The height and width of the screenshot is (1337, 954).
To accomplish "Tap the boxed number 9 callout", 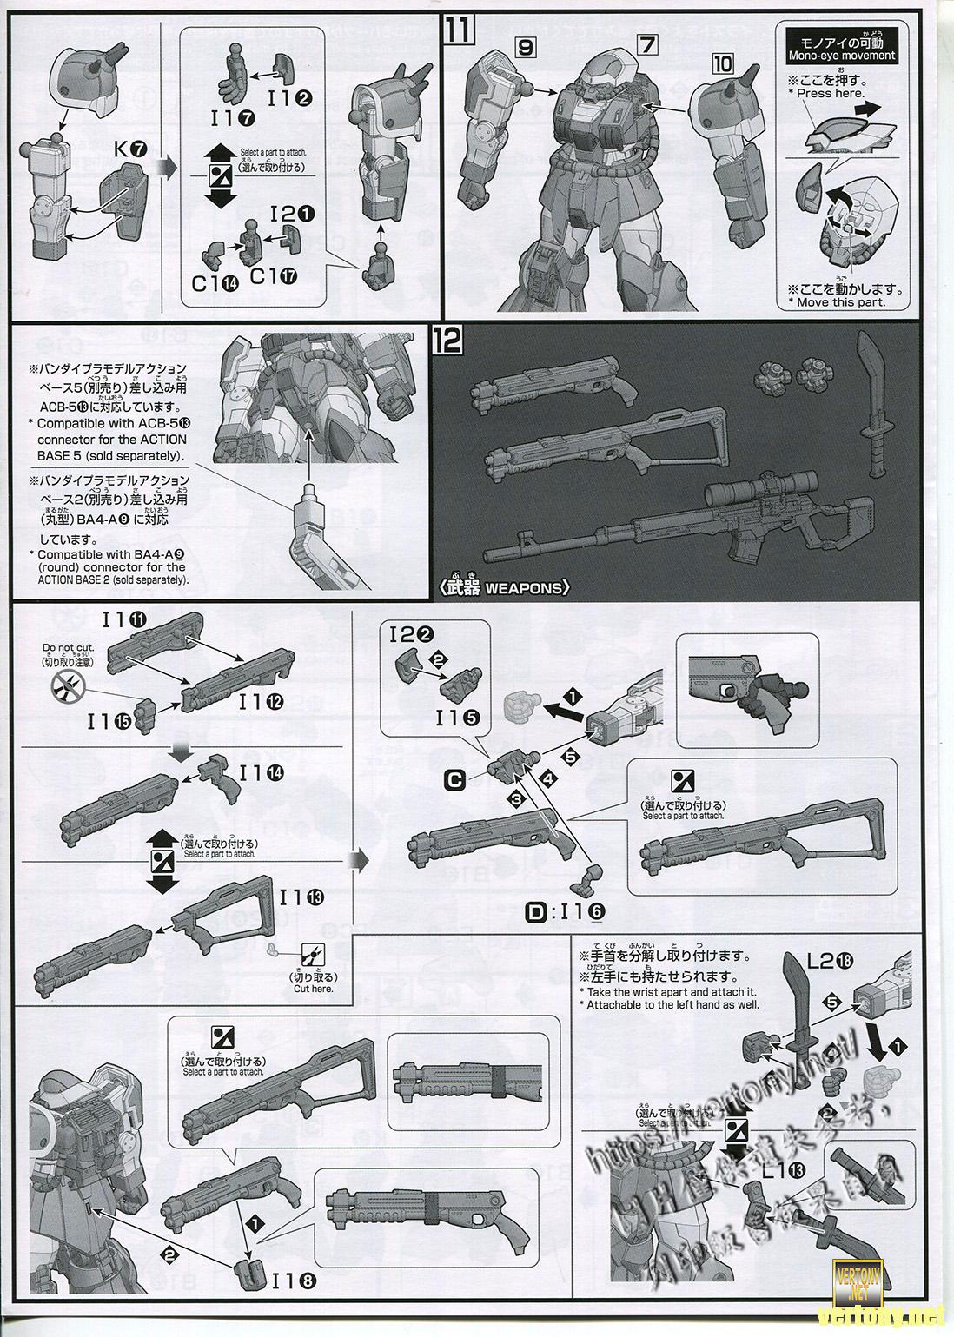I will pos(524,49).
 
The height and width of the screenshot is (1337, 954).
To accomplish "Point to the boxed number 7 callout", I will pos(646,45).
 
